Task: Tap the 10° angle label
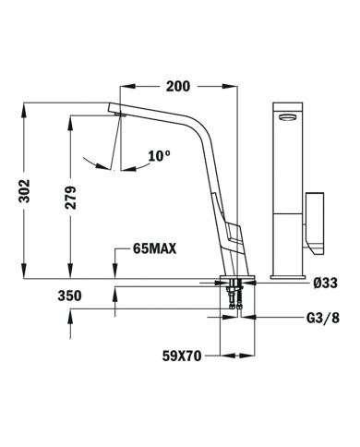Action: pos(159,156)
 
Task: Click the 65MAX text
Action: pos(155,249)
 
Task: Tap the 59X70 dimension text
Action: pos(175,352)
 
